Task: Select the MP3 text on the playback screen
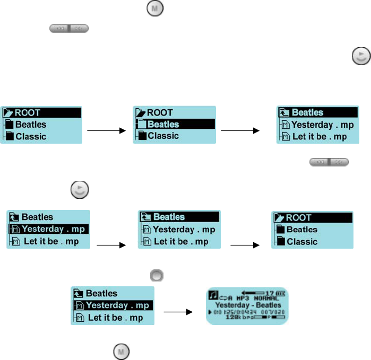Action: [241, 298]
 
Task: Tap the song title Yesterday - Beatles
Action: [247, 305]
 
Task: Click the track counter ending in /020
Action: [275, 312]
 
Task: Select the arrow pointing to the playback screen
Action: [177, 312]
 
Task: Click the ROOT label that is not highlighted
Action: [160, 112]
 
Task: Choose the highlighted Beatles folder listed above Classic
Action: [163, 125]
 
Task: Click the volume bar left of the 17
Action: [252, 292]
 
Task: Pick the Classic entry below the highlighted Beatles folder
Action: [163, 136]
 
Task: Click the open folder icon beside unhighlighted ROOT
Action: [140, 112]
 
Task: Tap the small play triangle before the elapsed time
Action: [210, 312]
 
